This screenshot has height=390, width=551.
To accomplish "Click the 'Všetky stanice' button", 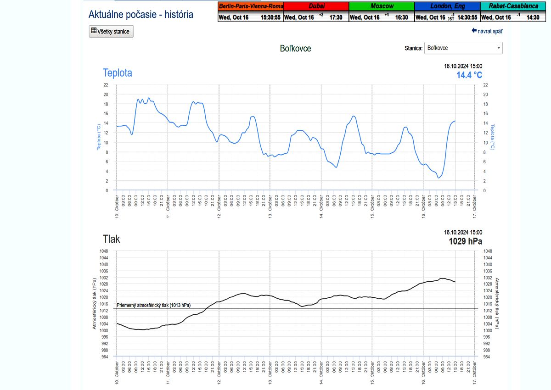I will (111, 31).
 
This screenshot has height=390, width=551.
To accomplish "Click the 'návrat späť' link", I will (487, 31).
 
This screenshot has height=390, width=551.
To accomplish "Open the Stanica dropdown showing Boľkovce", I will (463, 48).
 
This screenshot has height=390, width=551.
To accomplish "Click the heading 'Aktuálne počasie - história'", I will (141, 14).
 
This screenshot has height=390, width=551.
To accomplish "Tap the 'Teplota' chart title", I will (117, 72).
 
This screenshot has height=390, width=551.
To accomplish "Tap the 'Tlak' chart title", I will (111, 239).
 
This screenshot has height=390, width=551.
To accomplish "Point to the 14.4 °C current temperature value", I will (469, 75).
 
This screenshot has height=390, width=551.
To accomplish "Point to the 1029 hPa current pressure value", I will (466, 241).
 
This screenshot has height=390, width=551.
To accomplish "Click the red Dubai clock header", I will (316, 6).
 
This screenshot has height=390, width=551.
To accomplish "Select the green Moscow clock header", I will (381, 6).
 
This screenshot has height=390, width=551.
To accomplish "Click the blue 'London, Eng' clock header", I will (447, 6).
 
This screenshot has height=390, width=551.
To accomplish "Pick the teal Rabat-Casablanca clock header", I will (513, 6).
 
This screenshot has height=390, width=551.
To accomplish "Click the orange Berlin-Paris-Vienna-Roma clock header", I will (251, 6).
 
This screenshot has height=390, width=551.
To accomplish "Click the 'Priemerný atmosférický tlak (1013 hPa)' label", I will (154, 305).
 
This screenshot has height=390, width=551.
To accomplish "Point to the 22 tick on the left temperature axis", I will (106, 85).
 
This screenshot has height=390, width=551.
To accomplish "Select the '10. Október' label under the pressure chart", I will (117, 372).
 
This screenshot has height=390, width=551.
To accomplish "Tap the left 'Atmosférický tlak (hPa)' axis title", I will (95, 303).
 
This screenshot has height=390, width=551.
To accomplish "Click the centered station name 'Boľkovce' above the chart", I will (295, 48).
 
